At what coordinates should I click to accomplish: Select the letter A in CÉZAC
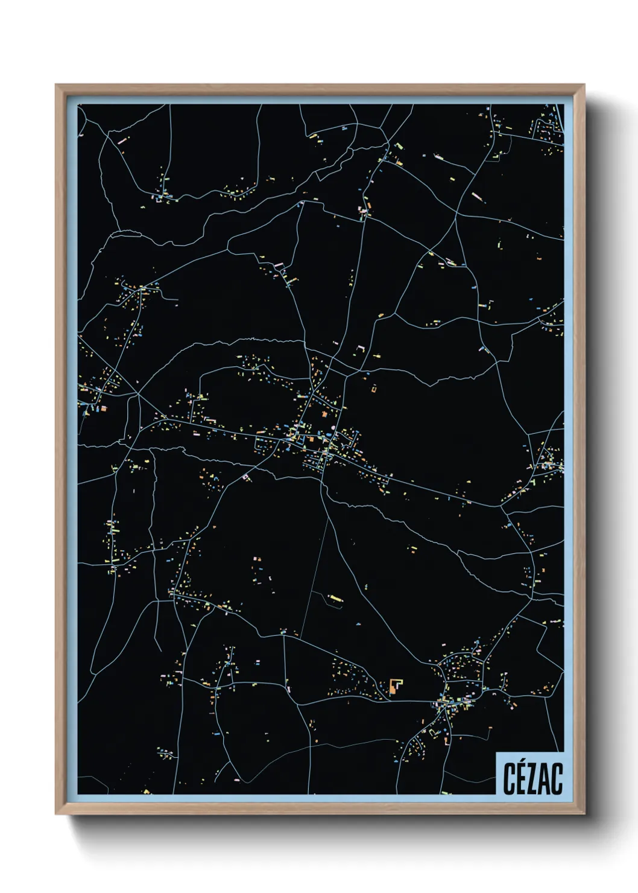(544, 779)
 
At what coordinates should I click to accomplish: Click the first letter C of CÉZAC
(509, 779)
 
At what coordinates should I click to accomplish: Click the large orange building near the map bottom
(395, 686)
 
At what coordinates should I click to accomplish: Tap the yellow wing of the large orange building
(400, 683)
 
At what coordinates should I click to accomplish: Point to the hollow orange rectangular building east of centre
(374, 389)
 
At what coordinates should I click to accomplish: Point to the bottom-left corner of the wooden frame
(57, 813)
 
